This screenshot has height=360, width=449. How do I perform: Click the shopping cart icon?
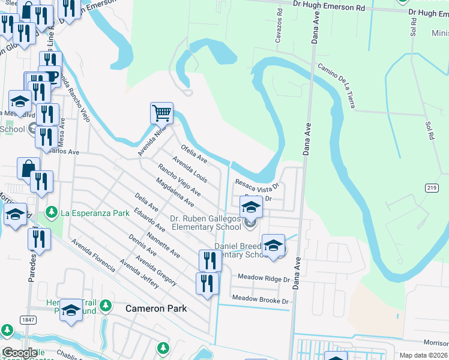[x=161, y=112]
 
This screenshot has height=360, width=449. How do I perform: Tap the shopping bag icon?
[x=28, y=168]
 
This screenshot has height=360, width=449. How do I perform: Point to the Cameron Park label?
[x=156, y=308]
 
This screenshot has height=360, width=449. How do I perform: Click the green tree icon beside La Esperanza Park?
[x=52, y=212]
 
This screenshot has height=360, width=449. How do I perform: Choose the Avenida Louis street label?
[x=190, y=170]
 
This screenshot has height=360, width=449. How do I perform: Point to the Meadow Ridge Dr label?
[x=264, y=278]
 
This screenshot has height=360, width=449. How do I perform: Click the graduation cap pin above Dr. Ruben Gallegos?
[x=251, y=208]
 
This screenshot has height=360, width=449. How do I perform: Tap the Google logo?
[x=20, y=353]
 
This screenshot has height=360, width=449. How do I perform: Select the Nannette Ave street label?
[x=167, y=245]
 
